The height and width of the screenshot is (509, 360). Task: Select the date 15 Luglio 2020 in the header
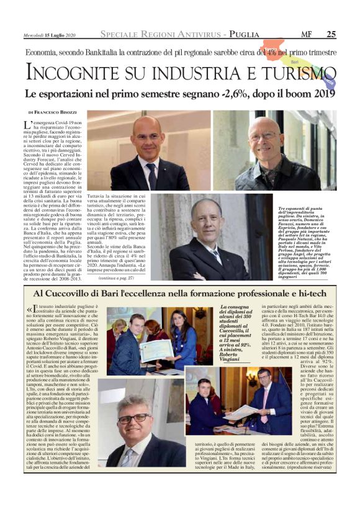[58, 34]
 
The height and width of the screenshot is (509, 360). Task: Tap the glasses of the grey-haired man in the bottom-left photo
[135, 418]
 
